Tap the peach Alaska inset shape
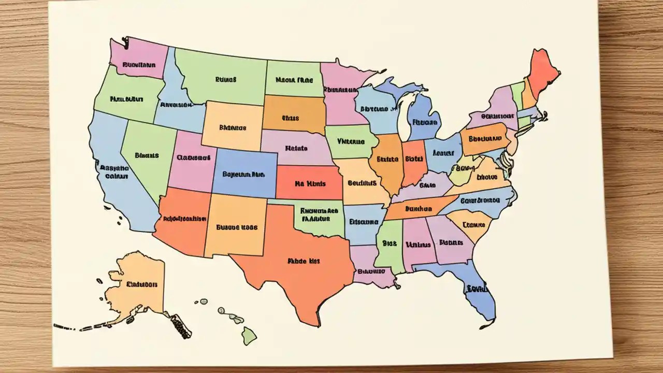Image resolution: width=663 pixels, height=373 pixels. click(x=137, y=282)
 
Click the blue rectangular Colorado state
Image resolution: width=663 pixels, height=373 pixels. click(x=243, y=174)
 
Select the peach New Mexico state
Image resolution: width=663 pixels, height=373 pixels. click(x=236, y=225)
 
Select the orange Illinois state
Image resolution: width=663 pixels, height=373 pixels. click(x=387, y=161)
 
